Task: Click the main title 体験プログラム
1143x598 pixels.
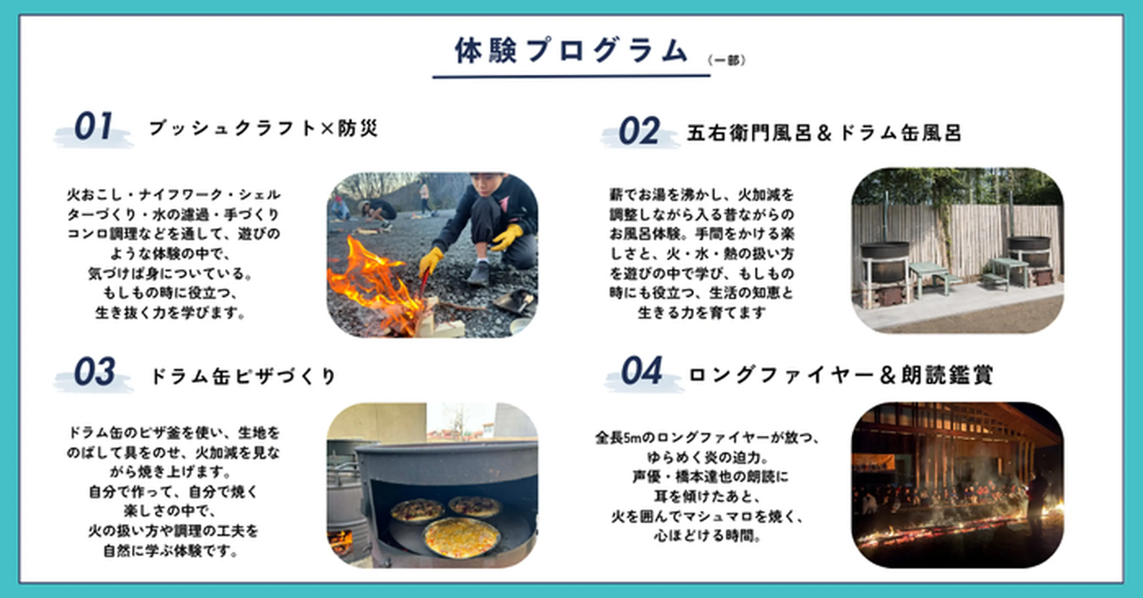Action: click(571, 51)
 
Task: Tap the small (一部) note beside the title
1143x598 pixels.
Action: click(727, 60)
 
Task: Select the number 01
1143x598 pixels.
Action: click(93, 127)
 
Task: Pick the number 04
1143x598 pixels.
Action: click(642, 371)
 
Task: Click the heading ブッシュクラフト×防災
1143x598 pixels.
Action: click(263, 128)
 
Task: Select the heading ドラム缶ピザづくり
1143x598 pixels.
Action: click(243, 376)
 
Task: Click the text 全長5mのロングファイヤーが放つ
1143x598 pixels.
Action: click(707, 438)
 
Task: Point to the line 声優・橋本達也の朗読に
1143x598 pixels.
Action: click(711, 477)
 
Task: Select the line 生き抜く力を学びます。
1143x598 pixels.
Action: click(170, 313)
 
